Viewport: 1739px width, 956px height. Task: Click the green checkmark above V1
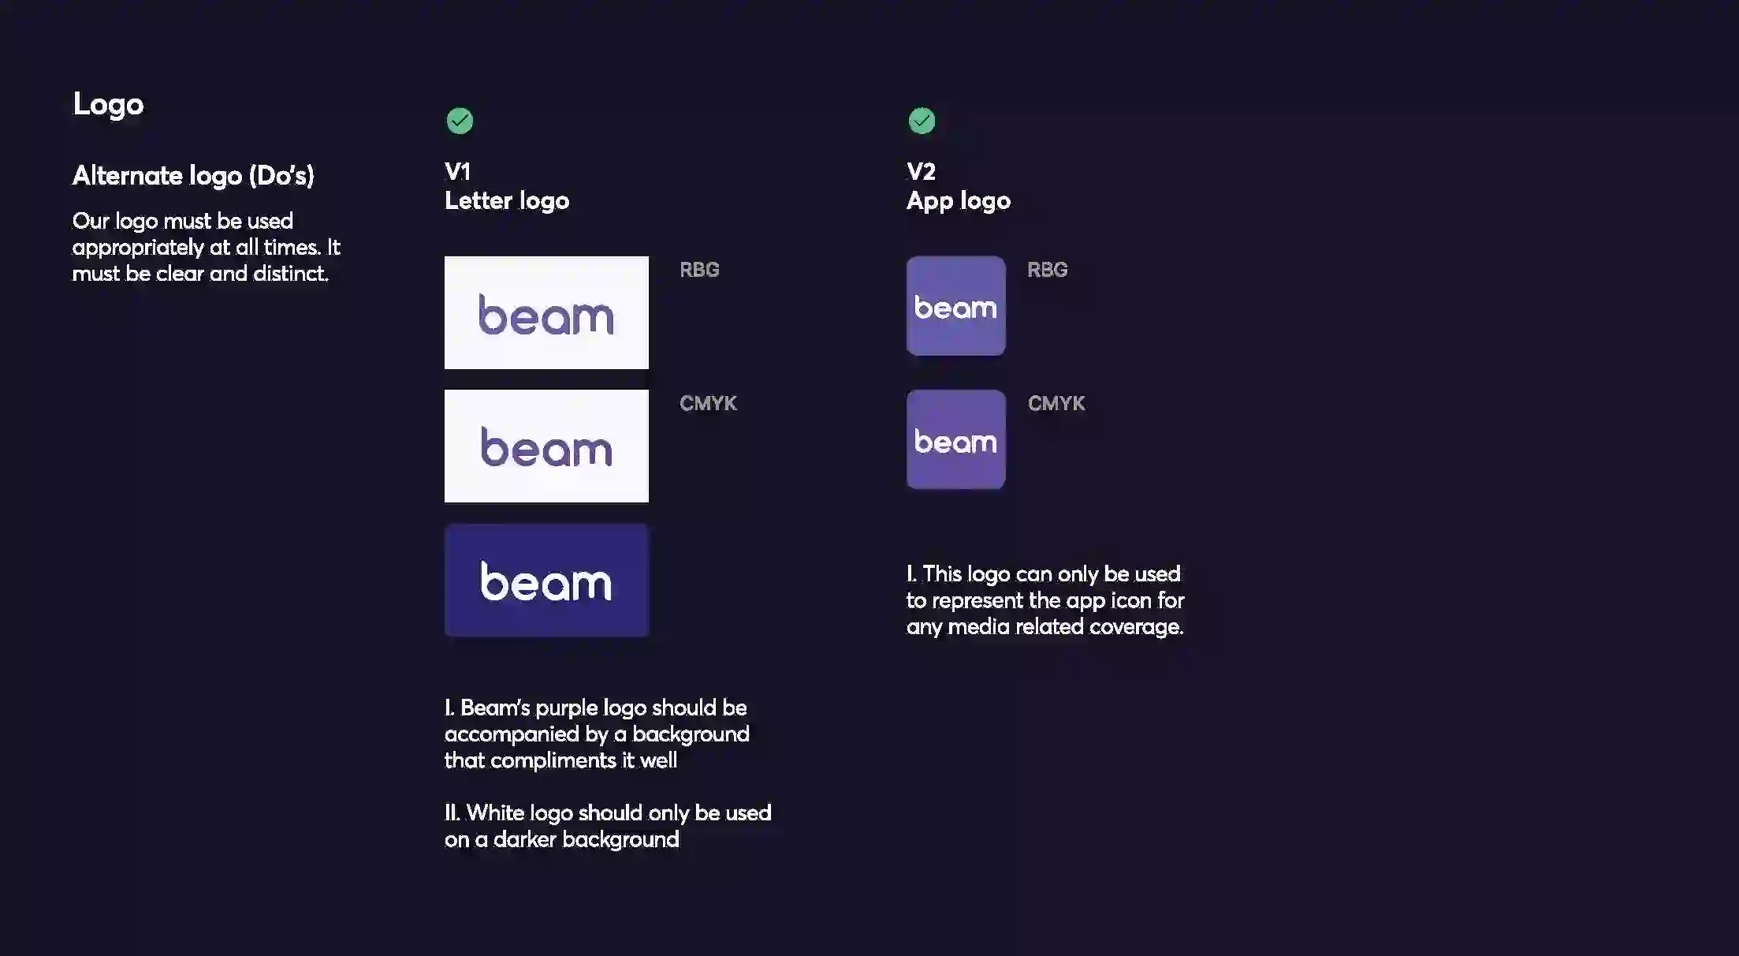pyautogui.click(x=460, y=121)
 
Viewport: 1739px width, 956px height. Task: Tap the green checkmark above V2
pyautogui.click(x=922, y=121)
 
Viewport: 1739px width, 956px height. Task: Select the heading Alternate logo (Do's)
pyautogui.click(x=193, y=175)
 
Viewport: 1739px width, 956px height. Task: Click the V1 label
pyautogui.click(x=457, y=171)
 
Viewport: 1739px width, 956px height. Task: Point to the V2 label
pyautogui.click(x=921, y=171)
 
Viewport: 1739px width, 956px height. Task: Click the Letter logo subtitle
pyautogui.click(x=507, y=200)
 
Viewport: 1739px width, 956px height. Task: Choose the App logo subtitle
pyautogui.click(x=959, y=201)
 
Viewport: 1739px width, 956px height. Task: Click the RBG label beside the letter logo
pyautogui.click(x=699, y=270)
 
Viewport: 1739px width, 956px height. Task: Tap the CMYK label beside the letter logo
pyautogui.click(x=708, y=403)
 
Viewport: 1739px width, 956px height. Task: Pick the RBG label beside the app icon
pyautogui.click(x=1047, y=270)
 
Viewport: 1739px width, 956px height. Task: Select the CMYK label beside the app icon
pyautogui.click(x=1056, y=403)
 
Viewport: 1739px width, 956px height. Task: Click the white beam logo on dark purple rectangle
pyautogui.click(x=546, y=581)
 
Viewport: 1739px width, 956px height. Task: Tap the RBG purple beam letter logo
pyautogui.click(x=546, y=312)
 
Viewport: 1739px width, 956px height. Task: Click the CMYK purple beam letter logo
pyautogui.click(x=546, y=446)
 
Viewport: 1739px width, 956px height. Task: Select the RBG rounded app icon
pyautogui.click(x=956, y=306)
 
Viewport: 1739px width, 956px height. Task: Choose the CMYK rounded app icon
pyautogui.click(x=956, y=439)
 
